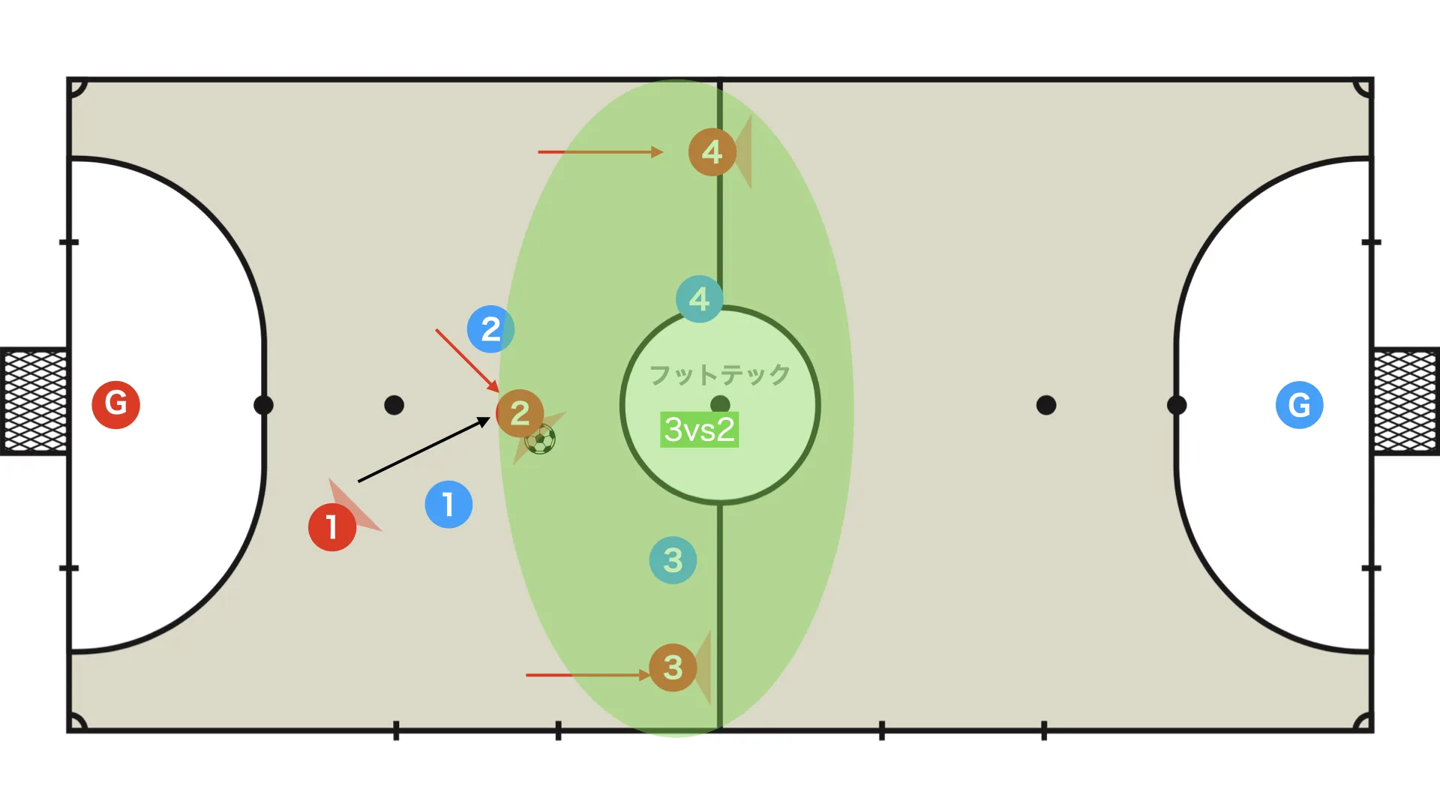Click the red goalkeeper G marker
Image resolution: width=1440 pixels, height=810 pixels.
115,404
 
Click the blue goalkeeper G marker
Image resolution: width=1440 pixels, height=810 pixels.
1299,404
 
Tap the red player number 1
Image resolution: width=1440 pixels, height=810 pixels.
332,527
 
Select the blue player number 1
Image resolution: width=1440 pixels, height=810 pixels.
448,504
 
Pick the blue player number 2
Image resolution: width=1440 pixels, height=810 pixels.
490,328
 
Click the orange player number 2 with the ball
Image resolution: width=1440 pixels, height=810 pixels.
520,413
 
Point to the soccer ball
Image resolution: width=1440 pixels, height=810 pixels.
540,439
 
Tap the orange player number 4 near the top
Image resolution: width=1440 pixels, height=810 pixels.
712,152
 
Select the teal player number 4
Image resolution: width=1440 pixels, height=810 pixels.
700,298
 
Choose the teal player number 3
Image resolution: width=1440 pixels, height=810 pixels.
673,560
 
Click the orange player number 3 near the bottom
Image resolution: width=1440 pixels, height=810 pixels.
673,667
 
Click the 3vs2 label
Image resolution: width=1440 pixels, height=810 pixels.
699,430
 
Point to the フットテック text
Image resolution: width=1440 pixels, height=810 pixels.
719,374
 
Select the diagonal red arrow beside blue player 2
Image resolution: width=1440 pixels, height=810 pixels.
467,360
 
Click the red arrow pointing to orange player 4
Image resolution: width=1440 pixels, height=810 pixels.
601,152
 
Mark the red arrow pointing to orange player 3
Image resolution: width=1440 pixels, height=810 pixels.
588,675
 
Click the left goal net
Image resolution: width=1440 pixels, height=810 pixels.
34,401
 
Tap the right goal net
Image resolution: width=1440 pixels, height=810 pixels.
1406,401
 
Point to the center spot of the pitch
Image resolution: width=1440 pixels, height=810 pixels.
720,405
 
